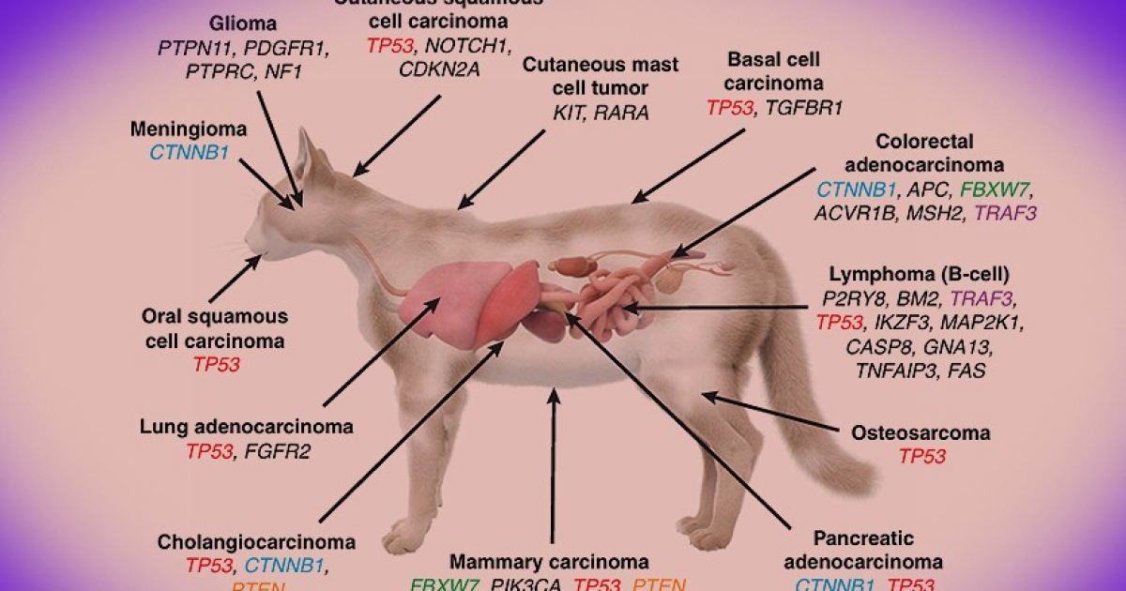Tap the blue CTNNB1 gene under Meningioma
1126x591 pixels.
click(189, 150)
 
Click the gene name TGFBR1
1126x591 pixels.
click(803, 108)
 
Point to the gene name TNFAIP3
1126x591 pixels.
click(894, 371)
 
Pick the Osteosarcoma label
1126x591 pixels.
click(921, 433)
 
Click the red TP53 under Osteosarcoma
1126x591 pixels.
click(922, 457)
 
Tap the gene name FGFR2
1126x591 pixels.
click(278, 451)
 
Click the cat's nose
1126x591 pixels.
click(249, 239)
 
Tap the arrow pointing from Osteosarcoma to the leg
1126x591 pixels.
click(769, 413)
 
